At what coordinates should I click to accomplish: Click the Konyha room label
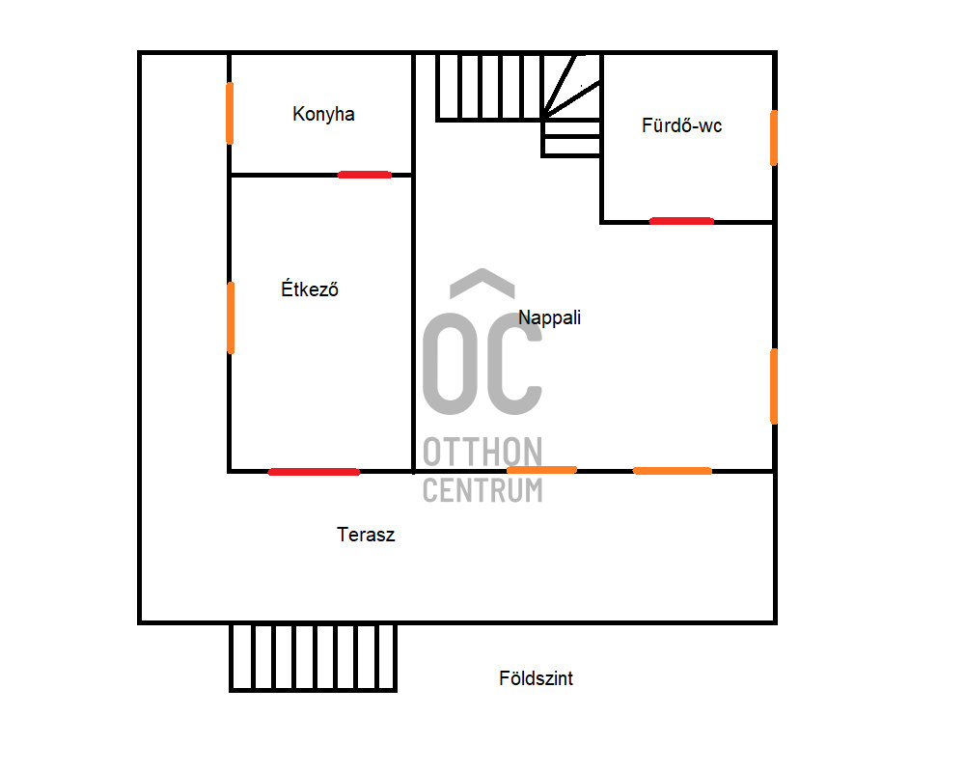323,114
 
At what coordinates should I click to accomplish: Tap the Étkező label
309,289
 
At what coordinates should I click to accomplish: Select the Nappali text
549,317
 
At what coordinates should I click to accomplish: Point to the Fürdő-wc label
681,125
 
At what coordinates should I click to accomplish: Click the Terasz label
366,535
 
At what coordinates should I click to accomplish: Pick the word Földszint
536,678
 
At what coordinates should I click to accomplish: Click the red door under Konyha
365,175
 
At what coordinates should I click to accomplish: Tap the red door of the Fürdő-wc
681,221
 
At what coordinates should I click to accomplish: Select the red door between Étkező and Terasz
314,472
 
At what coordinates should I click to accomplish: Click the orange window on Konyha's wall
230,113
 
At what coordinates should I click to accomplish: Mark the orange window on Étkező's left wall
231,317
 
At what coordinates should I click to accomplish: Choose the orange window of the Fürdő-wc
774,137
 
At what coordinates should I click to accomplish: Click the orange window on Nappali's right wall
774,386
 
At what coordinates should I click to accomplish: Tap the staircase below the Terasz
314,657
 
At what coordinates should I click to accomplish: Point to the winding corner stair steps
572,96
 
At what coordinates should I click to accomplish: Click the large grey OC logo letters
482,359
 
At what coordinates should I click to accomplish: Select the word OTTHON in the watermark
482,452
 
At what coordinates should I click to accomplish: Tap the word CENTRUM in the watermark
482,489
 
